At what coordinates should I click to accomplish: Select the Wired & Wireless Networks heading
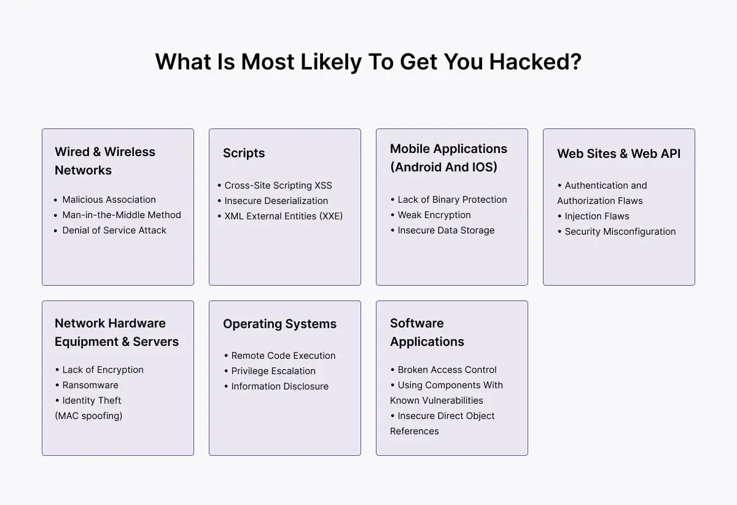105,161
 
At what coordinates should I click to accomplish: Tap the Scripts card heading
244,153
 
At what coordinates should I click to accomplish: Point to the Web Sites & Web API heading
618,154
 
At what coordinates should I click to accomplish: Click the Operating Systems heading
279,324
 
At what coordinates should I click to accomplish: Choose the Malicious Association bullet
109,200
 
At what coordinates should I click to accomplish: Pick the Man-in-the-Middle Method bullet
122,215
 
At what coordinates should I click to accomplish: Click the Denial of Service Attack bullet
114,230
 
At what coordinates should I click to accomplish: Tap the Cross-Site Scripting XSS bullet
278,186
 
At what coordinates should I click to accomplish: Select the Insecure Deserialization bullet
276,201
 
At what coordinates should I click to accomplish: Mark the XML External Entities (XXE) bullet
283,216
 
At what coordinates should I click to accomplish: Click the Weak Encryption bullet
434,215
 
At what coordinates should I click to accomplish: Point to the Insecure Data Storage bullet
446,230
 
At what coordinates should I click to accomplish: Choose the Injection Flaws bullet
597,216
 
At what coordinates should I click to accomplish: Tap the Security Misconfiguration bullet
620,232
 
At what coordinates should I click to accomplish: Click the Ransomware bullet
90,385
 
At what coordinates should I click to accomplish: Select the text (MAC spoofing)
88,416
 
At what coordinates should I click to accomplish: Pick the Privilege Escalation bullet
273,371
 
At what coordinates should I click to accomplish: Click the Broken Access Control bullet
447,370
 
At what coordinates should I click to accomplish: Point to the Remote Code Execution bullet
283,356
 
